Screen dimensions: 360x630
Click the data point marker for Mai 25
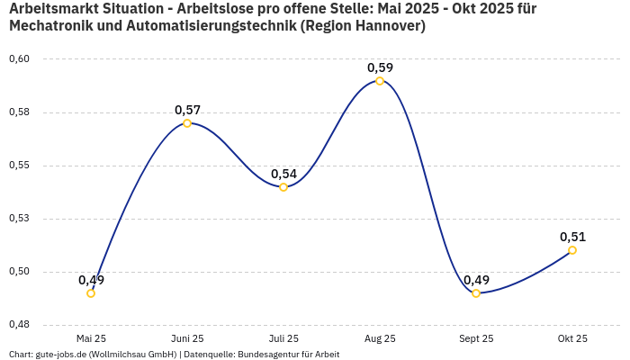tap(91, 293)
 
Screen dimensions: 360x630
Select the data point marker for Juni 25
tap(187, 123)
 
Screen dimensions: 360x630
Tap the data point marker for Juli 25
tap(283, 187)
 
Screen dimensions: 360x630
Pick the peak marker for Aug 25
tap(380, 81)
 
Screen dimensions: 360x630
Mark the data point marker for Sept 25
tap(476, 293)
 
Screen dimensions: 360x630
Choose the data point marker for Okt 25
tap(572, 250)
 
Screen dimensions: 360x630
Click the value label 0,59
tap(380, 67)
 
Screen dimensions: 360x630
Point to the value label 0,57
tap(187, 110)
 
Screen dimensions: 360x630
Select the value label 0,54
tap(283, 174)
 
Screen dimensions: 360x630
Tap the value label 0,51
tap(572, 237)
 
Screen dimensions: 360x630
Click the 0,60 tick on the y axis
tap(19, 59)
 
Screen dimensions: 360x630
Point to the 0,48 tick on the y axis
tap(19, 325)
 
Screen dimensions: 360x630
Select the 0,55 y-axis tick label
tap(19, 166)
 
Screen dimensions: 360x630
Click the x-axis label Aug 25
tap(380, 338)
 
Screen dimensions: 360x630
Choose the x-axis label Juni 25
tap(187, 338)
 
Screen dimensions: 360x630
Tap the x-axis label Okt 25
tap(572, 338)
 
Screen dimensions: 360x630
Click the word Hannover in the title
tap(386, 26)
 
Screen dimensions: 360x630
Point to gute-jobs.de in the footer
tap(58, 355)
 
